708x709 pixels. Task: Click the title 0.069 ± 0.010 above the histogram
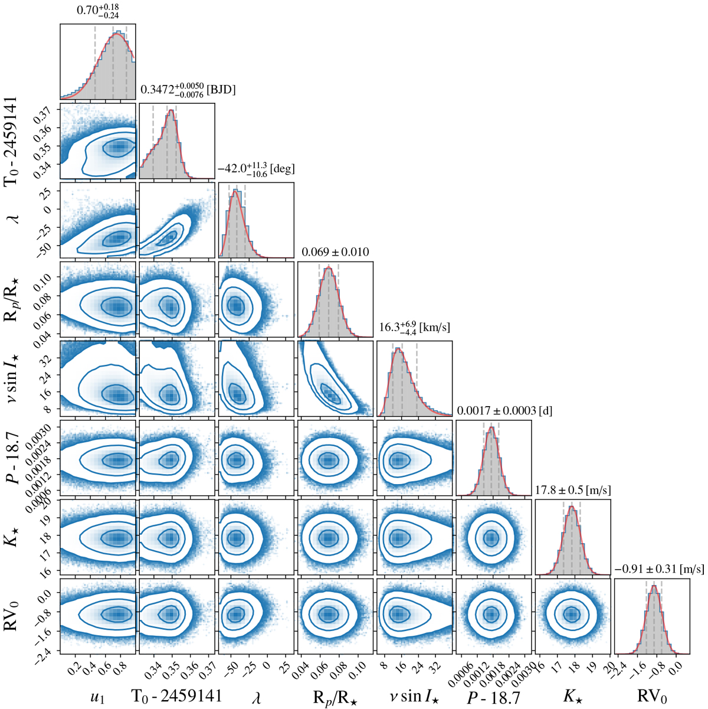coord(335,253)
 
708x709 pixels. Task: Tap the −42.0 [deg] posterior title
coord(256,169)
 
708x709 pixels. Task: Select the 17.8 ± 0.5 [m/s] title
coord(572,490)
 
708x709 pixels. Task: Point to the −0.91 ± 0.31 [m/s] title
coord(659,570)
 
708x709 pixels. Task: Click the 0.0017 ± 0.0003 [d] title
coord(504,411)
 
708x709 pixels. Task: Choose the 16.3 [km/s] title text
coord(414,327)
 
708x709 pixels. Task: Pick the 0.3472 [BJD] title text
coord(188,90)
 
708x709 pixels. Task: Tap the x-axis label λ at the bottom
coord(255,696)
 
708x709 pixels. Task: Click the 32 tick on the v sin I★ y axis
coord(48,358)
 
